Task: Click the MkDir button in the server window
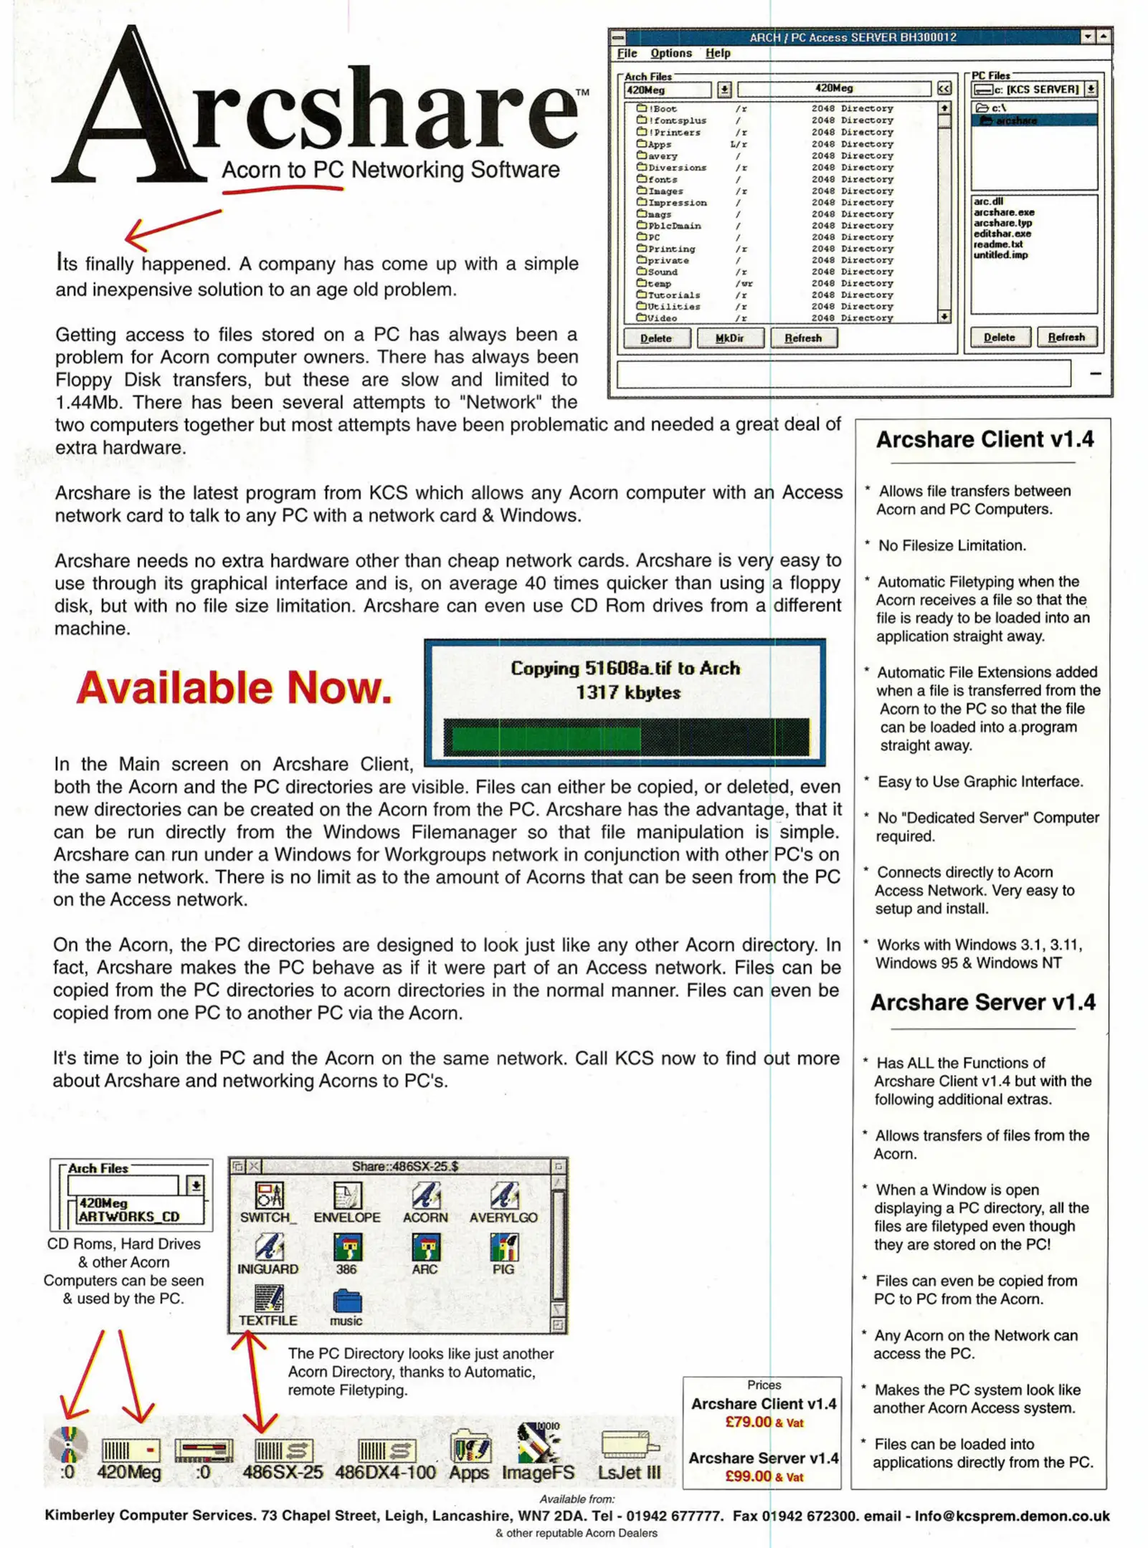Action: coord(729,338)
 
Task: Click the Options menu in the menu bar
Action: coord(670,53)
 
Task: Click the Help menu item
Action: coord(717,53)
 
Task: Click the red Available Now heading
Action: coord(234,687)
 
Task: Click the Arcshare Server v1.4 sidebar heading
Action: coord(982,1002)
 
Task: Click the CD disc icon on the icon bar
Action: coord(68,1444)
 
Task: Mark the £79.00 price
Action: coord(748,1422)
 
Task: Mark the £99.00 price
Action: coord(748,1476)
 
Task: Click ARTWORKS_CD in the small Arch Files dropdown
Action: coord(129,1216)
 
